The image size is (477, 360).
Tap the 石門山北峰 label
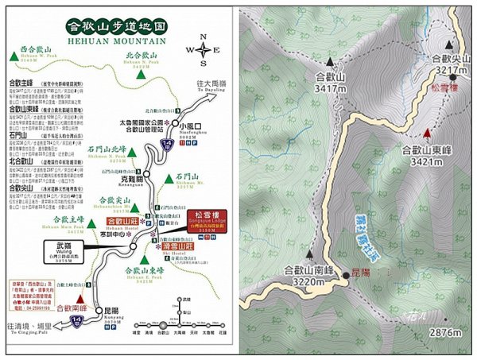click(107, 149)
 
